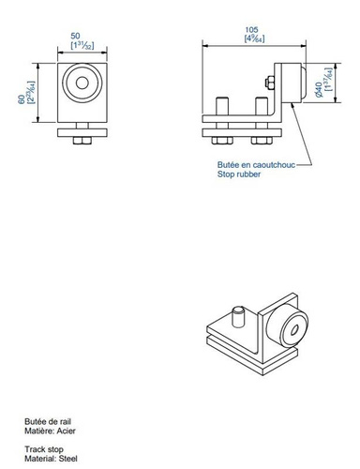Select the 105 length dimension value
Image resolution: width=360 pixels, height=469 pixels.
coord(250,30)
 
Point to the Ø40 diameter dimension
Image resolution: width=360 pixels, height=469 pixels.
coord(319,89)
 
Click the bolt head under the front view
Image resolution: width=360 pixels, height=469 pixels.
coord(82,140)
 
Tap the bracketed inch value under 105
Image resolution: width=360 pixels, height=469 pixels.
coord(250,39)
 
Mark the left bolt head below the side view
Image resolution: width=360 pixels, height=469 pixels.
coord(222,140)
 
